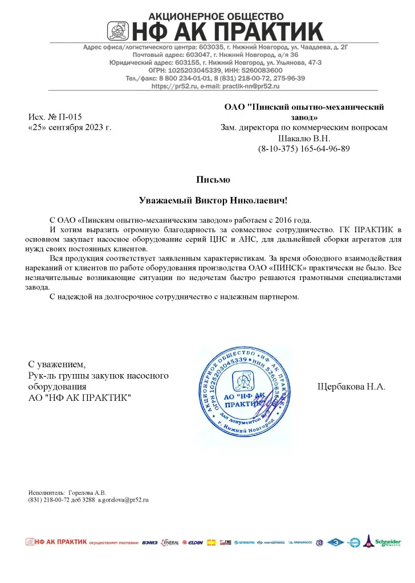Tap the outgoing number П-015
[72, 117]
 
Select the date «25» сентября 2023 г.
[70, 128]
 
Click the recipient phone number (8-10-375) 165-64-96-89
[304, 149]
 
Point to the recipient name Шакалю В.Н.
[304, 138]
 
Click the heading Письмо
[213, 180]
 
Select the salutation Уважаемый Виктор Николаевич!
[214, 200]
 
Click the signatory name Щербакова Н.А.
[351, 387]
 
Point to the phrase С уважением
[57, 364]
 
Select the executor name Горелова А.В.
[87, 492]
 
